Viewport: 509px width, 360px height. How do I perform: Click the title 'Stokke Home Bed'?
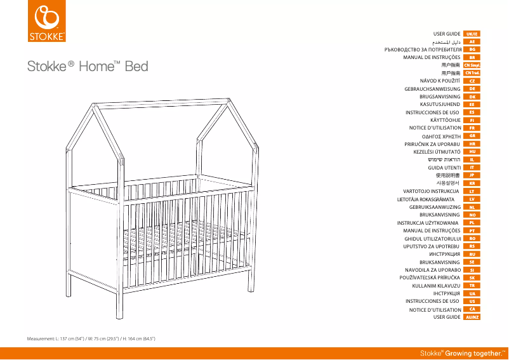tap(87, 66)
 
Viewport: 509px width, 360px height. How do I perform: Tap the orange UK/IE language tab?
tap(472, 33)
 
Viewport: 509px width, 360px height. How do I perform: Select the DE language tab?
tap(472, 89)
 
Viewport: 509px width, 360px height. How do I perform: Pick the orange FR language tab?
tap(472, 128)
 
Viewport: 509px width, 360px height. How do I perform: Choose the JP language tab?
tap(472, 175)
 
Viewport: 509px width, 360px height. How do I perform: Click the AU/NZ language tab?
tap(472, 316)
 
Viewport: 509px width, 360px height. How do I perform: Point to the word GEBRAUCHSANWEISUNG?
tap(432, 89)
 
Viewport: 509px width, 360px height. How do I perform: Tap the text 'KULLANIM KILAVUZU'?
tap(436, 285)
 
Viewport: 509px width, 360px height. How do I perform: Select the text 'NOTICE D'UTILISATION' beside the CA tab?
tap(435, 309)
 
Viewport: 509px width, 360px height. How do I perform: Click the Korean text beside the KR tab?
tap(449, 183)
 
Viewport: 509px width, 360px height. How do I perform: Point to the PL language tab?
tap(472, 222)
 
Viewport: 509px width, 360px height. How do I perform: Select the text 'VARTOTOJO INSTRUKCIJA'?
tap(432, 190)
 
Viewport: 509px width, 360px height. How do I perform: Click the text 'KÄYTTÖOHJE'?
tap(445, 120)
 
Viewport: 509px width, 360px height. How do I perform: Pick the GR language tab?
tap(472, 136)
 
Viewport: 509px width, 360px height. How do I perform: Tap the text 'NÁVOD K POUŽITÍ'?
tap(440, 81)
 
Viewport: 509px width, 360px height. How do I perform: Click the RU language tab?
tap(472, 253)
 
